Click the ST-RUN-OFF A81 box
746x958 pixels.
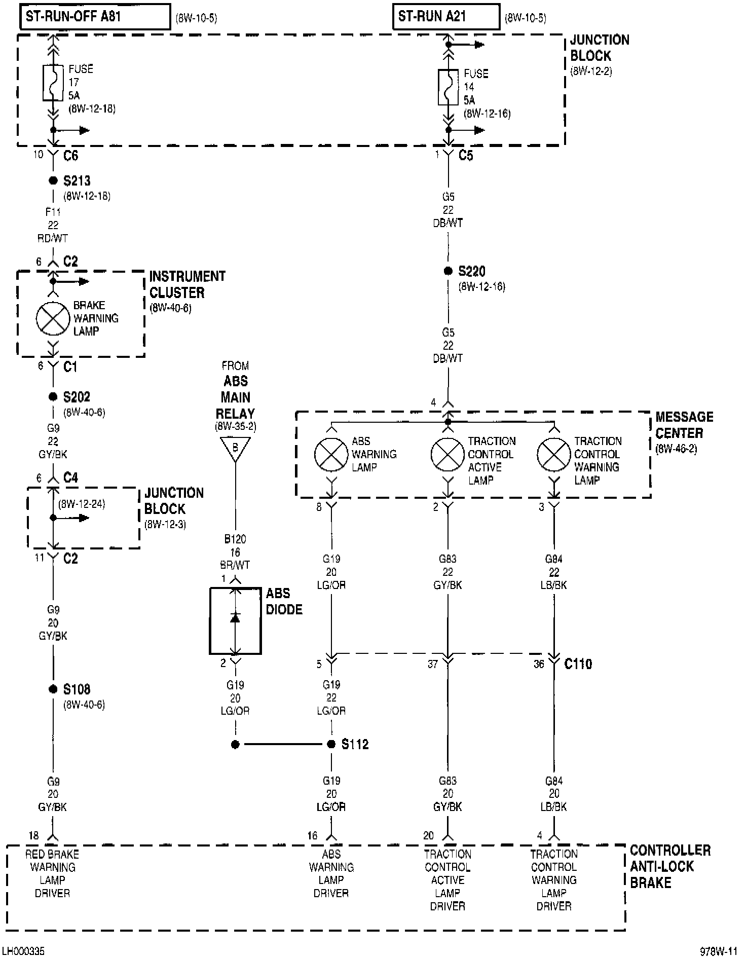tap(95, 17)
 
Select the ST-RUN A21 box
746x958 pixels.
tap(446, 17)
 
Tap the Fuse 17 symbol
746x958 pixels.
tap(53, 83)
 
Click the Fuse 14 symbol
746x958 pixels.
tap(448, 87)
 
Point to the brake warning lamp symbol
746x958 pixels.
tap(53, 318)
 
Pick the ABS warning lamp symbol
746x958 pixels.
tap(331, 454)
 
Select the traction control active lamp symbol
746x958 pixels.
tap(447, 454)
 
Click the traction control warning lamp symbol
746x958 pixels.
tap(554, 454)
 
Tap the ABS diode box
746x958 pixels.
tap(235, 620)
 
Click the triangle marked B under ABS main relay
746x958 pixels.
tap(235, 449)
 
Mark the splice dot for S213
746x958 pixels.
tap(53, 180)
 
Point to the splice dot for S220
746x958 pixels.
tap(448, 271)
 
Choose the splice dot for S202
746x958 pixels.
tap(53, 397)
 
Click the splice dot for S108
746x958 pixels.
tap(53, 689)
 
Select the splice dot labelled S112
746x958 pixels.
tap(331, 744)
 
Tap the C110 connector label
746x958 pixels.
tap(578, 664)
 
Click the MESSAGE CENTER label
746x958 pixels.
tap(684, 425)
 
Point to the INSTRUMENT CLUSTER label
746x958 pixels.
tap(187, 284)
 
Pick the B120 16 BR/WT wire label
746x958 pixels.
tap(235, 552)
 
